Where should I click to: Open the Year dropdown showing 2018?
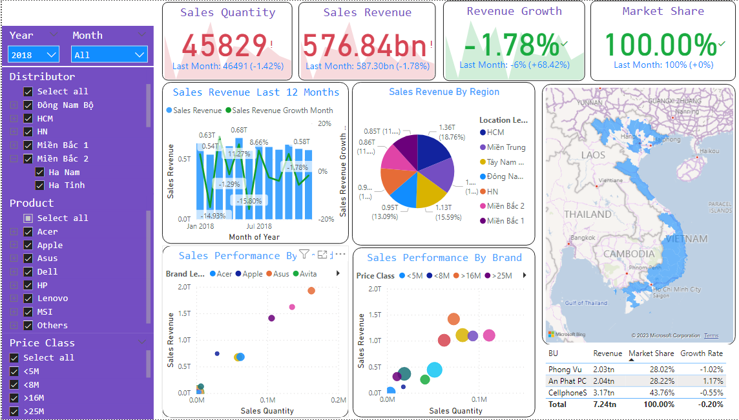point(34,55)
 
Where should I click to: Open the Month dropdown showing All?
point(109,55)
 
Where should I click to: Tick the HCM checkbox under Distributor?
point(28,119)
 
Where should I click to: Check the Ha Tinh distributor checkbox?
point(40,185)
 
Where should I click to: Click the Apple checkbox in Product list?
point(28,246)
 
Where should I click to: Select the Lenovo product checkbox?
point(28,299)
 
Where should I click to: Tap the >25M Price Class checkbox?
point(14,412)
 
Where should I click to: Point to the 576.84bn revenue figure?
point(364,45)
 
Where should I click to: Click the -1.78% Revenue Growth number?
point(511,45)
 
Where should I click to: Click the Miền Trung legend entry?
point(506,147)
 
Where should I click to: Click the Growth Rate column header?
point(702,353)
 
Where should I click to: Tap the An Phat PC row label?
point(567,381)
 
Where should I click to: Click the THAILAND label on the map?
point(587,214)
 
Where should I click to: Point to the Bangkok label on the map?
point(582,237)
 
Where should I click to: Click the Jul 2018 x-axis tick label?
point(259,227)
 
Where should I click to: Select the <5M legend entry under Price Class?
point(411,276)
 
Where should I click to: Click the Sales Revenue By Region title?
point(444,92)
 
